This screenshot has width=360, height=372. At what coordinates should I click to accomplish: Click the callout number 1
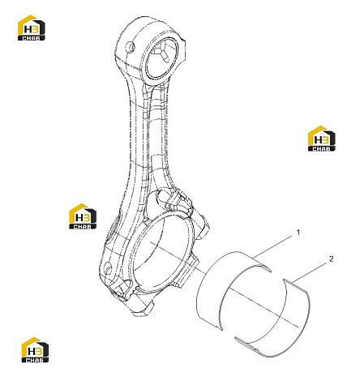[x=298, y=233]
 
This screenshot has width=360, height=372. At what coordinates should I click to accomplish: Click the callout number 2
[x=332, y=259]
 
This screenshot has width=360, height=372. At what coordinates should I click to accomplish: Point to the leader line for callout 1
[x=273, y=246]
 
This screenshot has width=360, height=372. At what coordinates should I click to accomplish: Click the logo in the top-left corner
[x=32, y=28]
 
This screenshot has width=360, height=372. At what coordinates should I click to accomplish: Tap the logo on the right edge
[x=322, y=139]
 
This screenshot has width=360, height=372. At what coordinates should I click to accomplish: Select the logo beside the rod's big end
[x=83, y=216]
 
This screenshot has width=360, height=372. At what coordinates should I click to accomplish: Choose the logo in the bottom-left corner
[x=35, y=349]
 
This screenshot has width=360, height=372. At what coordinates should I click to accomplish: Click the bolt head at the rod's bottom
[x=141, y=309]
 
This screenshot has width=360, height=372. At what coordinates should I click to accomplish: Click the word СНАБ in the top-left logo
[x=32, y=38]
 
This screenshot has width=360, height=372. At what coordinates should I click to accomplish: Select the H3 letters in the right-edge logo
[x=322, y=140]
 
